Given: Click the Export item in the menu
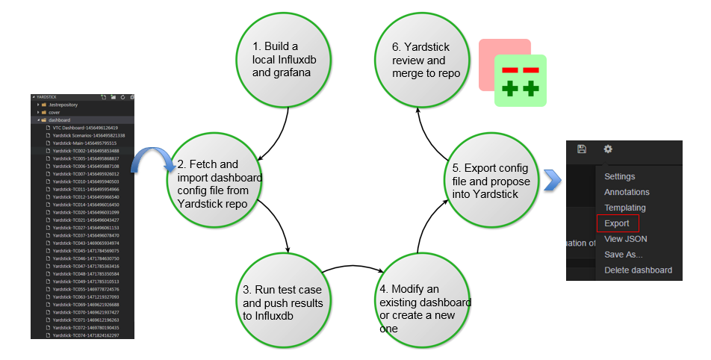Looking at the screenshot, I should [617, 223].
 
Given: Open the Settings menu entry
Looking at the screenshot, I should [619, 177].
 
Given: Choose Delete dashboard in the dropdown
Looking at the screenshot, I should [638, 270].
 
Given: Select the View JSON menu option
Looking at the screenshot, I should [625, 239].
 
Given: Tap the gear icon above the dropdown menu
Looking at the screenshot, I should [608, 149].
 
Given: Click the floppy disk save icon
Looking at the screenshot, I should [582, 149].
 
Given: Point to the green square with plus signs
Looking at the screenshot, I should [521, 81].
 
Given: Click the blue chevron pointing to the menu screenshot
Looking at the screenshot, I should [552, 180].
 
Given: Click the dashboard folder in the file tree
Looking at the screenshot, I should [60, 120].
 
